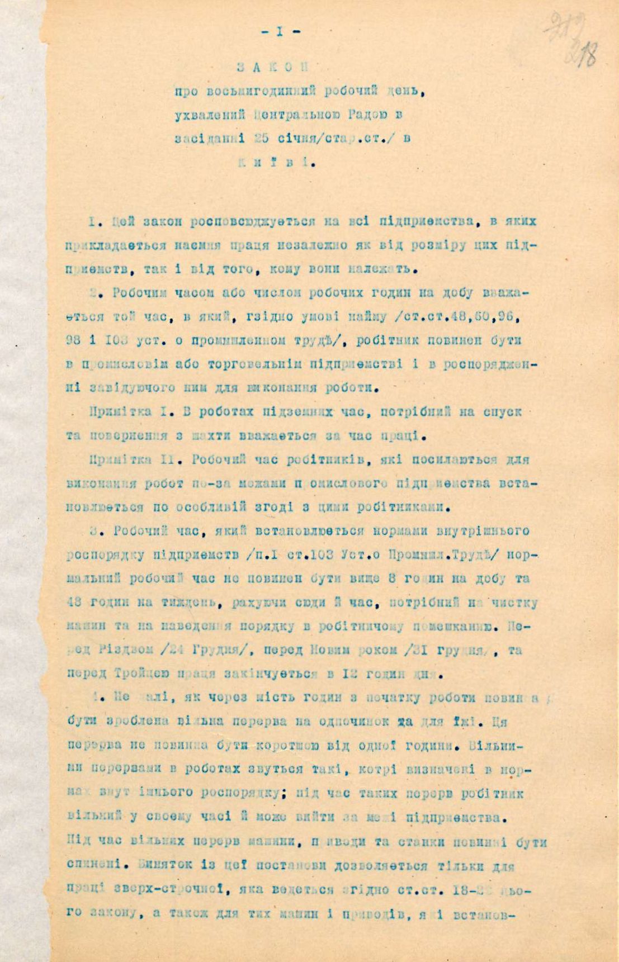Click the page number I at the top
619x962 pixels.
pyautogui.click(x=280, y=32)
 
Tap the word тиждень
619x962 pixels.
pyautogui.click(x=155, y=603)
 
